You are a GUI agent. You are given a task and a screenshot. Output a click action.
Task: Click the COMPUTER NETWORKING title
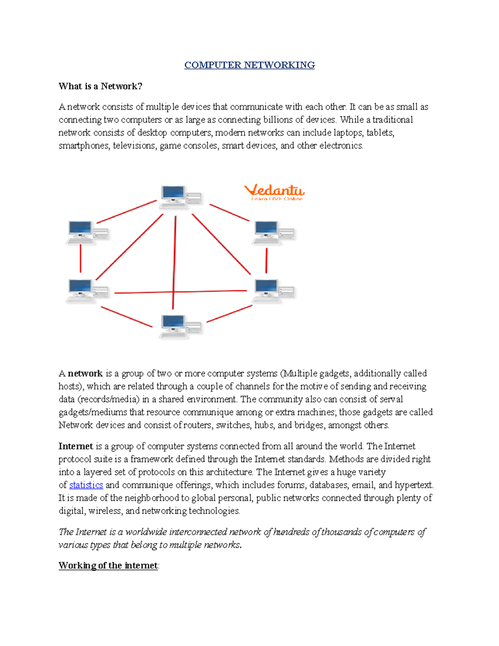(x=249, y=65)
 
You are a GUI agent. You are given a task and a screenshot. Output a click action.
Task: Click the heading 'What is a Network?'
(x=100, y=86)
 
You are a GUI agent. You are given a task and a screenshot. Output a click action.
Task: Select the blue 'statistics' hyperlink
(x=86, y=485)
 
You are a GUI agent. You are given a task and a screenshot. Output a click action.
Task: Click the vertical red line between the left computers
(x=81, y=258)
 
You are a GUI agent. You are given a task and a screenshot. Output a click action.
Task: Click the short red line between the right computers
(x=266, y=260)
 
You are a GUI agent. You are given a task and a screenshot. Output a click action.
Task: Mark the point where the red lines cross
(x=174, y=292)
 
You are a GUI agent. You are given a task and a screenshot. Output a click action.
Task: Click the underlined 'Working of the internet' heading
(x=108, y=565)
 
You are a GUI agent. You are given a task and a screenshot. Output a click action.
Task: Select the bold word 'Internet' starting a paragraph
(x=76, y=446)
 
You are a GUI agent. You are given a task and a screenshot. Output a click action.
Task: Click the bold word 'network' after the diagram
(x=85, y=373)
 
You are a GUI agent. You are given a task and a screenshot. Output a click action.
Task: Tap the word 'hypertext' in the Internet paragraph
(x=414, y=485)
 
